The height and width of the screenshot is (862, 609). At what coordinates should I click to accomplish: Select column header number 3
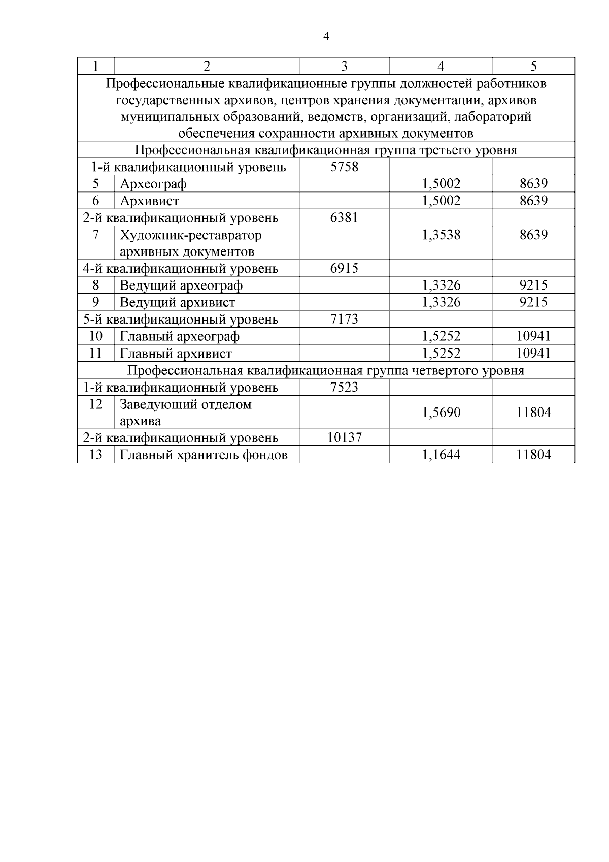[344, 66]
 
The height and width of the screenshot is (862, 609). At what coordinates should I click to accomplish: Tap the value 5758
[344, 167]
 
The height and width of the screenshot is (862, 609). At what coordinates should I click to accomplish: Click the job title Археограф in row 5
[153, 184]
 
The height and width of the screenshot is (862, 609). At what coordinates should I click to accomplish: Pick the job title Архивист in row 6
[149, 201]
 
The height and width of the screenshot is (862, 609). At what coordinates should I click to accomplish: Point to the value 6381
[344, 218]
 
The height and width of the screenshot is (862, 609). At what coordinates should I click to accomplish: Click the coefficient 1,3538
[441, 235]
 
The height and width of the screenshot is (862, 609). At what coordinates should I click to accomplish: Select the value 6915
[344, 268]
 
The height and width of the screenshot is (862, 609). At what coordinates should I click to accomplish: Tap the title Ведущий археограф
[181, 285]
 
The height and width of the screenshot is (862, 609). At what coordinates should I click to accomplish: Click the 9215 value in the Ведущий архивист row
[533, 302]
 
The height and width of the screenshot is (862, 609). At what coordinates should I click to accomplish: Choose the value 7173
[344, 319]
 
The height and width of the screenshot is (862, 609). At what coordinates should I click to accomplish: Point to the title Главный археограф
[180, 336]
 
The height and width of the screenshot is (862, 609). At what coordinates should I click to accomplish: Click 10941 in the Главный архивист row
[533, 353]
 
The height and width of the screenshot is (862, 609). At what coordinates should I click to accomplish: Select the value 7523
[344, 387]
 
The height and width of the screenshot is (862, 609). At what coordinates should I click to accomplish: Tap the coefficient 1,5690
[441, 412]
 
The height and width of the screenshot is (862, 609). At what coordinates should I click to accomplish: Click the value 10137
[344, 437]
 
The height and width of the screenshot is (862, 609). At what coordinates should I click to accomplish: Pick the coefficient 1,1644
[441, 455]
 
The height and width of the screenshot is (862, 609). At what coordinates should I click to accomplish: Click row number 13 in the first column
[95, 455]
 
